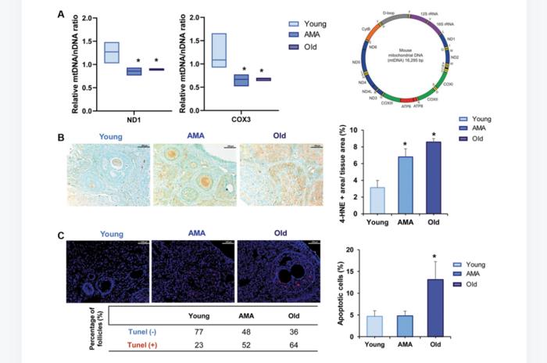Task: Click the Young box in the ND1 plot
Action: click(111, 52)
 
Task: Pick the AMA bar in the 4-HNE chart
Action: click(405, 186)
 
